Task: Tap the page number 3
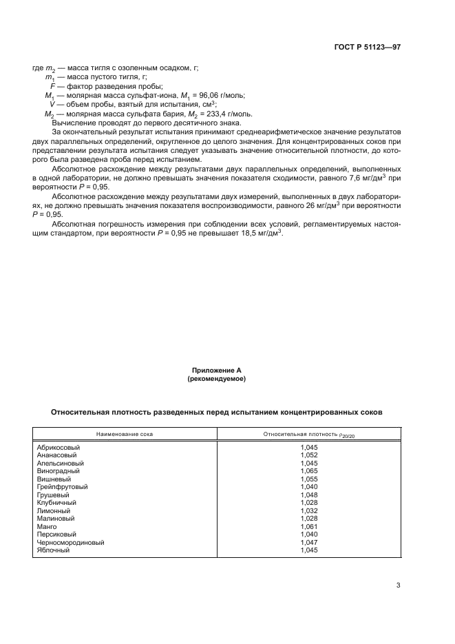click(x=398, y=586)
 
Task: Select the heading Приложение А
click(x=217, y=371)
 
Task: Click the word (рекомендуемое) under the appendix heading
click(x=217, y=379)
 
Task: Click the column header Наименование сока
click(x=125, y=435)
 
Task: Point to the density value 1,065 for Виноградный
click(x=309, y=470)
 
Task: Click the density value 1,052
click(x=309, y=455)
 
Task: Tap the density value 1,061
click(x=309, y=526)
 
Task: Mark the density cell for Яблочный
click(x=309, y=550)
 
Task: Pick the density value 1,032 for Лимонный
click(x=309, y=510)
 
